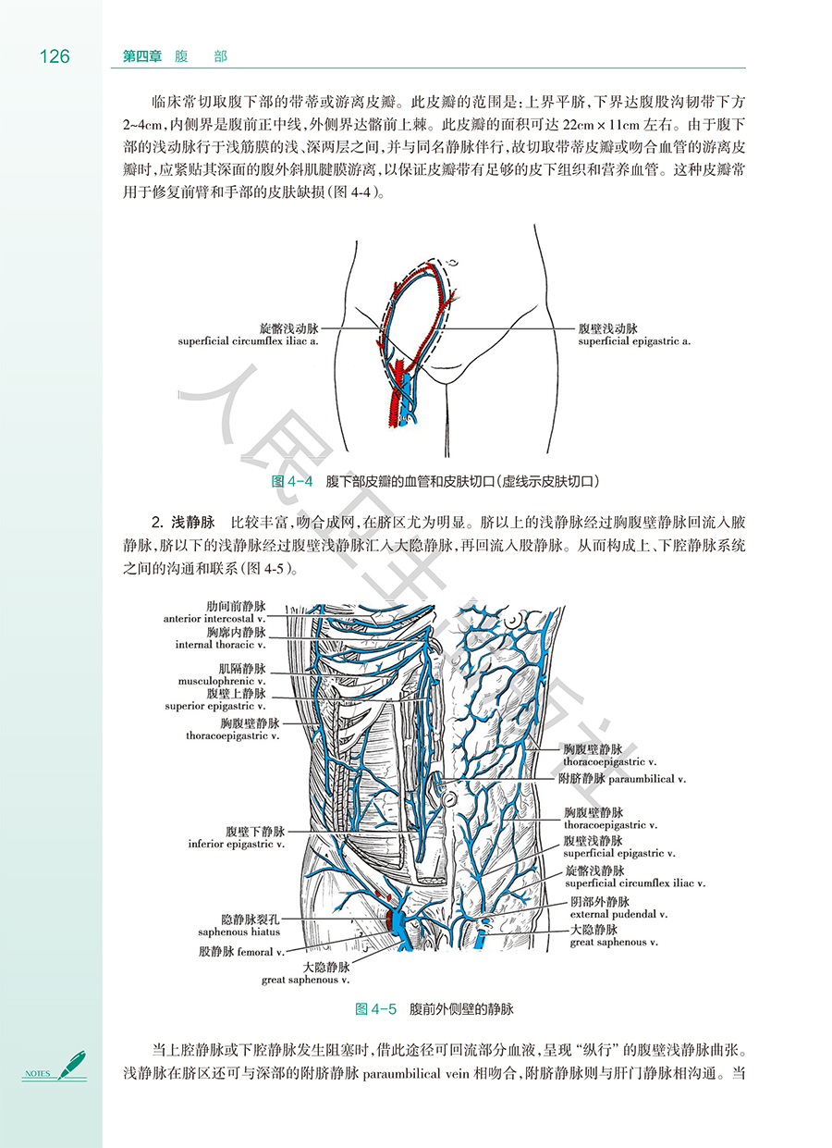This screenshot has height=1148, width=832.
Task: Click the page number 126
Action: point(55,56)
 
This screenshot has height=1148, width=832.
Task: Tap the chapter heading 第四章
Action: point(142,56)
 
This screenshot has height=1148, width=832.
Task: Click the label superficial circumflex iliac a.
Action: point(249,341)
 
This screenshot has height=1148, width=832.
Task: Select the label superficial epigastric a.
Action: point(634,341)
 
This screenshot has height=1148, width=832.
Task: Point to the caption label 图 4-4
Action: point(293,481)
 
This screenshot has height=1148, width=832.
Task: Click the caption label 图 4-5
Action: point(375,1008)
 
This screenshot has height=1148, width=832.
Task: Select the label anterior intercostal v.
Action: point(214,618)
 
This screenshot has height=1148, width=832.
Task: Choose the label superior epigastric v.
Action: point(215,706)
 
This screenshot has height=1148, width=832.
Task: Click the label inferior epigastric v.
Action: point(236,844)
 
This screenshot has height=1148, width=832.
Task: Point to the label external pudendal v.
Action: point(618,913)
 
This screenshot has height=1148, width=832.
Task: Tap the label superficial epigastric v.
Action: point(618,853)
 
